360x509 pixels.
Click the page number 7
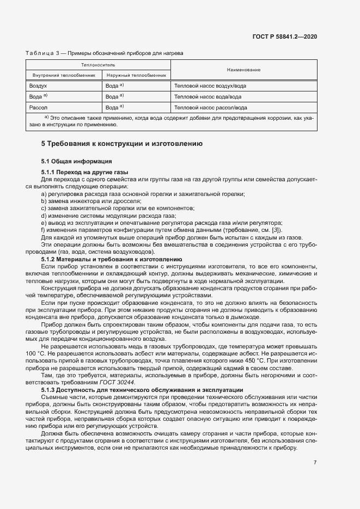coord(315,462)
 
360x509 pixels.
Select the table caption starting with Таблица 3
coord(104,53)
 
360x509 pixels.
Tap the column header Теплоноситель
coord(98,65)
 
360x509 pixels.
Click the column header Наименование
coord(243,70)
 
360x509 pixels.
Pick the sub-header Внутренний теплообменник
coord(64,75)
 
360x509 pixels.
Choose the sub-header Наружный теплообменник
coord(136,75)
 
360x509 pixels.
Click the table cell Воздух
coord(38,86)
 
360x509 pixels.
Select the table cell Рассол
coord(38,108)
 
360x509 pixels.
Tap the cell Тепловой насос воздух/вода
coord(210,86)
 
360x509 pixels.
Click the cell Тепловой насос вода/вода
coord(208,97)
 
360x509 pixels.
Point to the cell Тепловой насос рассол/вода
coord(211,108)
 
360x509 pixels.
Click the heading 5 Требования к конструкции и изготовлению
coord(122,144)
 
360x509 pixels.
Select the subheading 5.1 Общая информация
coord(77,161)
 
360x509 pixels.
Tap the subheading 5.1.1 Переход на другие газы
coord(84,172)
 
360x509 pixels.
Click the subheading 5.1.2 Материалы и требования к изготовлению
coord(115,260)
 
